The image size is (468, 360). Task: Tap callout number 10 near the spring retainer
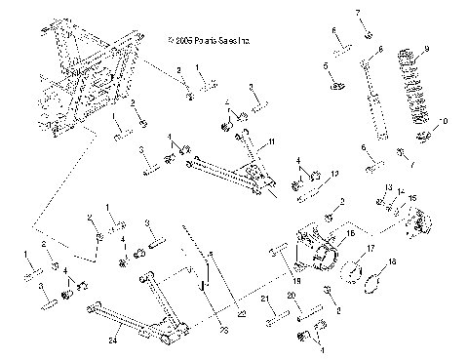coord(446,122)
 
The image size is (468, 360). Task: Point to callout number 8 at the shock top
coord(380,49)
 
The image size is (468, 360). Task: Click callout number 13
coord(387,186)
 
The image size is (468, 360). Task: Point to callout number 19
coord(297,279)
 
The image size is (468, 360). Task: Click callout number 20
coord(290,295)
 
